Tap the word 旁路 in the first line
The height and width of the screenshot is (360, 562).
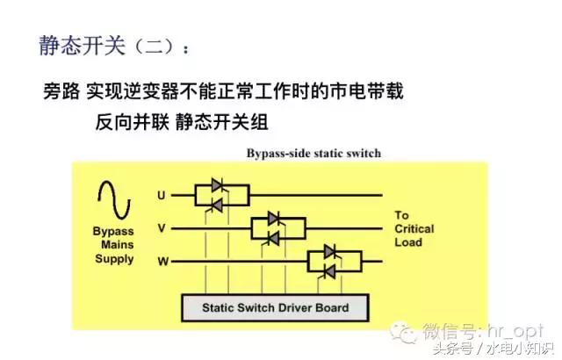[x=62, y=91]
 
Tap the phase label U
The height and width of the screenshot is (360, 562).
[x=162, y=194]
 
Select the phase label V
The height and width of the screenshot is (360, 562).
[x=162, y=227]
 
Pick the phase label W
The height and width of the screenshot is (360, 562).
[x=162, y=261]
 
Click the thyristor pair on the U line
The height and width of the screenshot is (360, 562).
[x=218, y=195]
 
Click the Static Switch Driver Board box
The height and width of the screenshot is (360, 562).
[x=275, y=308]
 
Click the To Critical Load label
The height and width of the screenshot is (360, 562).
[x=414, y=228]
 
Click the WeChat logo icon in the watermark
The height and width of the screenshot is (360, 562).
[x=405, y=331]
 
